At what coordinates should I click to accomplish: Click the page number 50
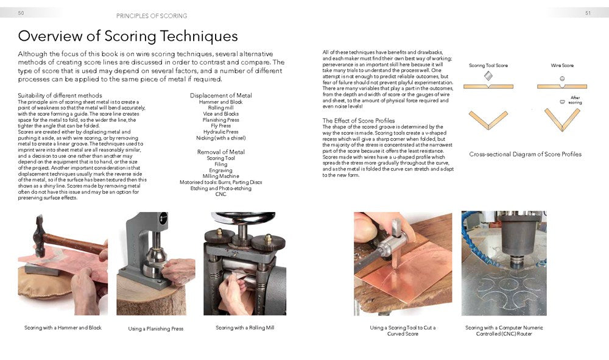(21, 13)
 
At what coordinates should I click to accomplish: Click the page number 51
(588, 13)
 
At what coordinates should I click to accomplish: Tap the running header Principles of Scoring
(152, 15)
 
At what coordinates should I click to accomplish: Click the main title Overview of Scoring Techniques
(128, 36)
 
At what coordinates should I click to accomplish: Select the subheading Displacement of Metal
(220, 96)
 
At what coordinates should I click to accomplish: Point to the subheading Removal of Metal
(220, 152)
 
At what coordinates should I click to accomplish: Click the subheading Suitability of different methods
(60, 96)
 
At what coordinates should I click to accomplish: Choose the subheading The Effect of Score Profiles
(358, 121)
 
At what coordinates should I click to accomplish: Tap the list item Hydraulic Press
(220, 132)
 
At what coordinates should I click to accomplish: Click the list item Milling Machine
(220, 175)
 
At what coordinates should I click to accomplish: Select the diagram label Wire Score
(562, 65)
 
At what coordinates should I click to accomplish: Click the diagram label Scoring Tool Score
(488, 65)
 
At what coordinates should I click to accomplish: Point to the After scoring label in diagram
(575, 100)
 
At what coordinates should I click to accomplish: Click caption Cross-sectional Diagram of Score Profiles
(525, 154)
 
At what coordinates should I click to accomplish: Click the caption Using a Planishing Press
(155, 329)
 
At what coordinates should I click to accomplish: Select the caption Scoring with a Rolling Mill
(245, 328)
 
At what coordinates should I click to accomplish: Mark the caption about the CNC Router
(504, 331)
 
